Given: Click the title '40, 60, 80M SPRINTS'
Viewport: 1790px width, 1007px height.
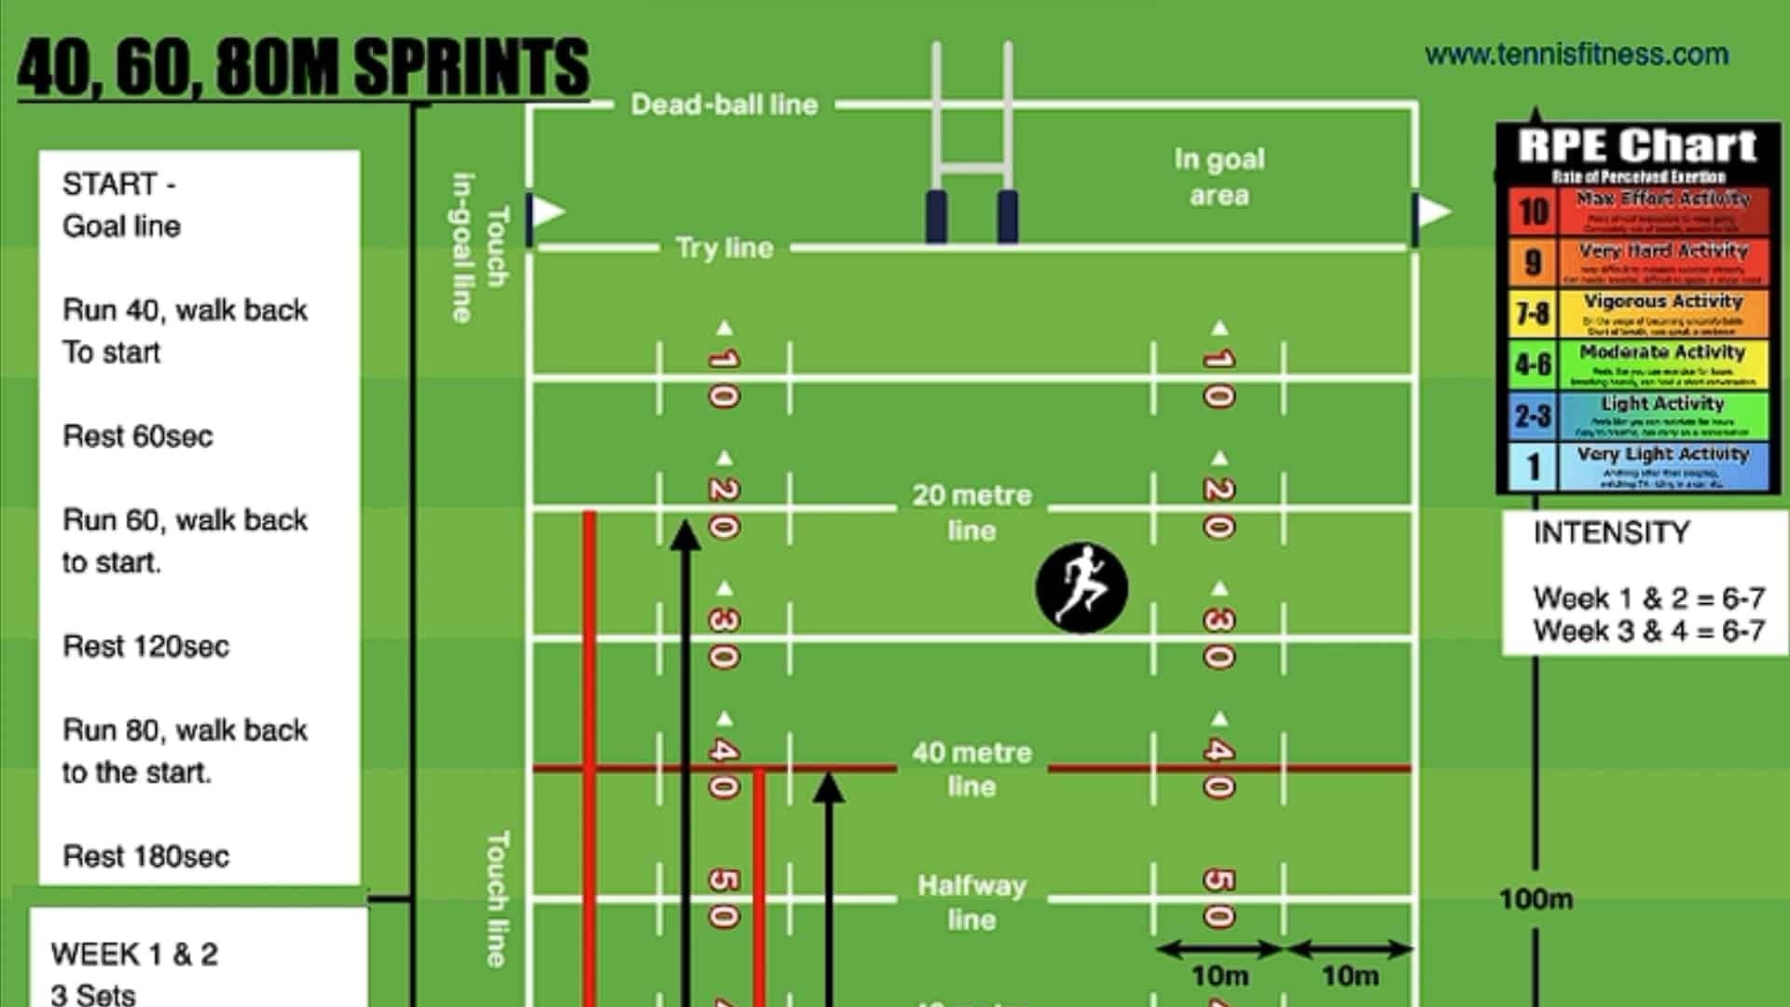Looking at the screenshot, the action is coord(303,67).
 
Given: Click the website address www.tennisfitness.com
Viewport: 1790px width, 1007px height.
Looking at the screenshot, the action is coord(1577,54).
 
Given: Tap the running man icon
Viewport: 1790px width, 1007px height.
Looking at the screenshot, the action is coord(1081,587).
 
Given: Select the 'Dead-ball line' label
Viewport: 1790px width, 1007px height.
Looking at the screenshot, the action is coord(724,104).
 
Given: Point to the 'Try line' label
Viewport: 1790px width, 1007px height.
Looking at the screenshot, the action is coord(724,248).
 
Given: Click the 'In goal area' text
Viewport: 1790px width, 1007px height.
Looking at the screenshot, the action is coord(1219,177).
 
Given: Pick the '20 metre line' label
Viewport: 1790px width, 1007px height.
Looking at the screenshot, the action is coord(971,512).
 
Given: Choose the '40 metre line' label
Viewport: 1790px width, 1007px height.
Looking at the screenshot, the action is coord(971,769).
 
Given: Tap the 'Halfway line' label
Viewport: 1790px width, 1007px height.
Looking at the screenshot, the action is coord(971,902).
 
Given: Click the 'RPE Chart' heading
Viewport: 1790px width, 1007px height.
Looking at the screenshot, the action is coord(1637,146).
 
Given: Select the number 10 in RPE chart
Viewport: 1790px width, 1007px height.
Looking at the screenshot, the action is coord(1533,212).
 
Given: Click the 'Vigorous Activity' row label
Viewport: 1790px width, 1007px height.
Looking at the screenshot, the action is coord(1662,301).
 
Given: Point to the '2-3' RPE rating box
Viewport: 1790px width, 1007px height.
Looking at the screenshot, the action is coord(1533,416).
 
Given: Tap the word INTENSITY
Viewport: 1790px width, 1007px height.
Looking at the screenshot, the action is coord(1611,532).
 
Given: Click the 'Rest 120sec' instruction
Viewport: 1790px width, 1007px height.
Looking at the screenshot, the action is coord(145,646).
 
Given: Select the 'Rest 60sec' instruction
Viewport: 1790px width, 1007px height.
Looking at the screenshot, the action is coord(137,435).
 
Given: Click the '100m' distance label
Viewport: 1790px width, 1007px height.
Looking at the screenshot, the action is coord(1535,899).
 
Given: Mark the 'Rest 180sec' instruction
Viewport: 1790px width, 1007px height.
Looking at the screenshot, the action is coord(145,856).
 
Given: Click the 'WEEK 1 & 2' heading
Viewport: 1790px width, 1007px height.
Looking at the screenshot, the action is coord(134,954).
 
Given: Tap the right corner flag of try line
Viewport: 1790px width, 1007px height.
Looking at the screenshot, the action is coord(1432,213).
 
